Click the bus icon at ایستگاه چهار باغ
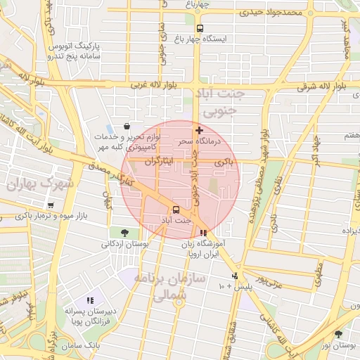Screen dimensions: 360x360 point(200,29)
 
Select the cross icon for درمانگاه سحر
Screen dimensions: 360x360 point(200,130)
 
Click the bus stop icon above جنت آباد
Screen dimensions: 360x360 point(176,210)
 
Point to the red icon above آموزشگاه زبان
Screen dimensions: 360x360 point(203,233)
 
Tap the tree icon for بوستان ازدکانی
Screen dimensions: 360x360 point(124,233)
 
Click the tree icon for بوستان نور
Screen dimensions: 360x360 point(339,334)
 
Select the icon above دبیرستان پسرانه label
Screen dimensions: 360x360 point(89,300)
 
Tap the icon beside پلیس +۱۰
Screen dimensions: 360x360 point(235,276)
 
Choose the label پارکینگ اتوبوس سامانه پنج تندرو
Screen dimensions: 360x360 point(74,49)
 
